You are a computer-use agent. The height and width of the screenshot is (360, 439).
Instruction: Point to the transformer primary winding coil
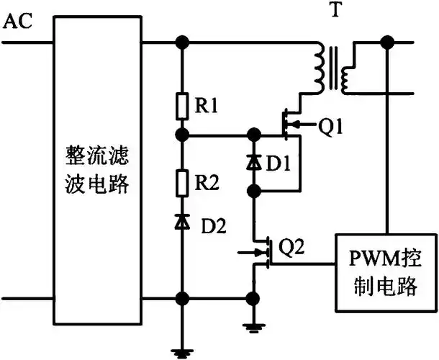(x=316, y=69)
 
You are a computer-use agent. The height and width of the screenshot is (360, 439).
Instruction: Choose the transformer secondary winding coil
(x=348, y=69)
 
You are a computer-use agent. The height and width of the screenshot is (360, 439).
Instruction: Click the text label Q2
(x=291, y=248)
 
